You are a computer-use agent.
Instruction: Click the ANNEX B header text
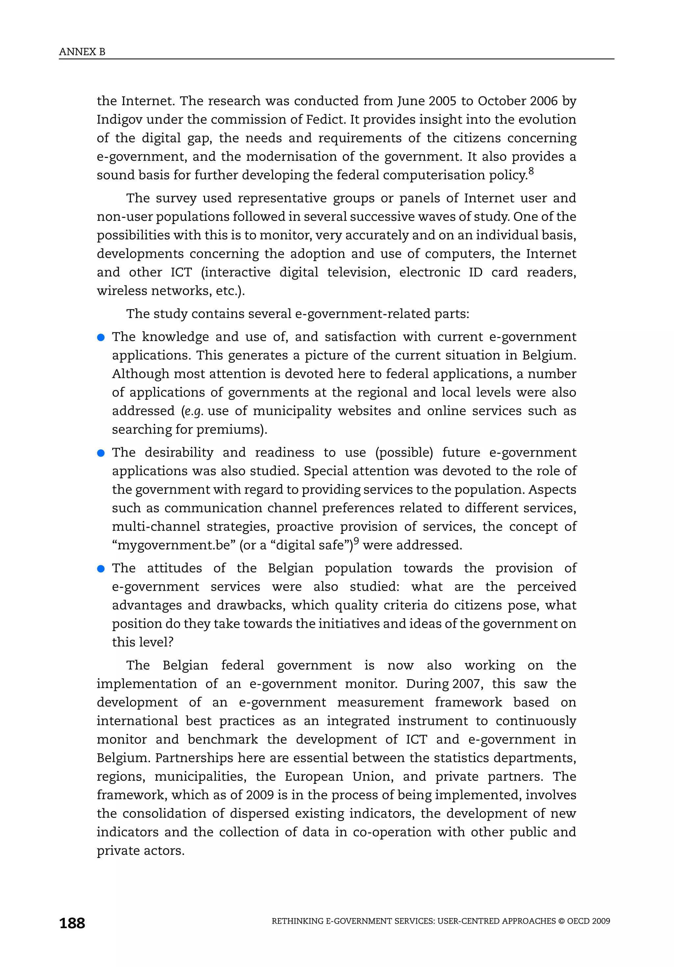point(82,52)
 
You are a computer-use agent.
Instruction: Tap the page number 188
point(72,923)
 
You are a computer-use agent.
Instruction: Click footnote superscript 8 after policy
point(531,171)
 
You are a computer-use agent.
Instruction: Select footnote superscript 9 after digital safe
point(356,541)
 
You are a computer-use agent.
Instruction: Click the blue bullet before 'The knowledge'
point(101,337)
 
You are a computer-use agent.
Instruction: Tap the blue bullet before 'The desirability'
point(101,453)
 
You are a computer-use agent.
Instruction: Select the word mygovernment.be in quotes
point(174,545)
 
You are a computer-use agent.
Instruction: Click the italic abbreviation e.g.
point(194,411)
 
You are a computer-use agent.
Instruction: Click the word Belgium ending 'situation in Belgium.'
point(549,355)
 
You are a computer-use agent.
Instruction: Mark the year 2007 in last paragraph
point(467,684)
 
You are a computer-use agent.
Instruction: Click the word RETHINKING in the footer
point(297,921)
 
